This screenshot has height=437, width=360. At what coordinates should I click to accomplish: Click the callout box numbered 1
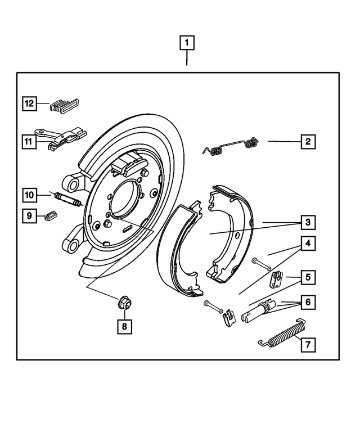pyautogui.click(x=187, y=42)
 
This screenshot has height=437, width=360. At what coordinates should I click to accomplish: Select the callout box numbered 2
pyautogui.click(x=308, y=141)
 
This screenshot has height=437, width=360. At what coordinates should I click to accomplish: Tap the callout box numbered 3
pyautogui.click(x=308, y=223)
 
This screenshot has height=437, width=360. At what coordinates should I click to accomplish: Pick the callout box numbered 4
pyautogui.click(x=308, y=244)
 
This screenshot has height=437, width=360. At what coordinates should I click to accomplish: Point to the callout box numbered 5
pyautogui.click(x=308, y=277)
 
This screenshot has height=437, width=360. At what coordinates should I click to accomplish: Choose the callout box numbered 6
pyautogui.click(x=308, y=302)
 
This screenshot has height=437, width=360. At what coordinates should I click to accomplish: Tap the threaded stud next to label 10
pyautogui.click(x=68, y=199)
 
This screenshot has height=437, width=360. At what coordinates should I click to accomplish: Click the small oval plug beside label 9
pyautogui.click(x=50, y=215)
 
